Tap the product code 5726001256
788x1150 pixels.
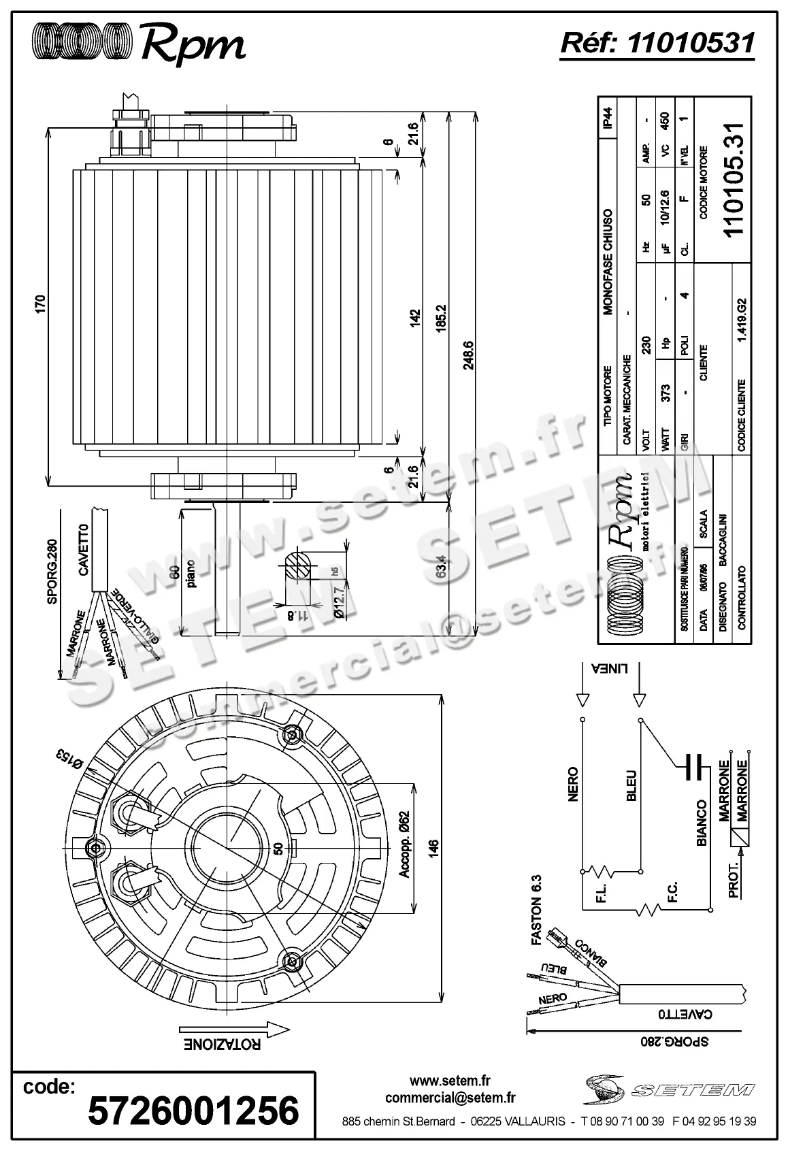tap(194, 1111)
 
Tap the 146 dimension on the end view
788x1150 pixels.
tap(434, 848)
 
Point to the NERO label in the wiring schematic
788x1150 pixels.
tap(572, 784)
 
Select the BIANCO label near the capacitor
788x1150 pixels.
tap(702, 823)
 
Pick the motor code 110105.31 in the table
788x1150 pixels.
tap(735, 180)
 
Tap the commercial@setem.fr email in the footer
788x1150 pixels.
tap(450, 1098)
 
